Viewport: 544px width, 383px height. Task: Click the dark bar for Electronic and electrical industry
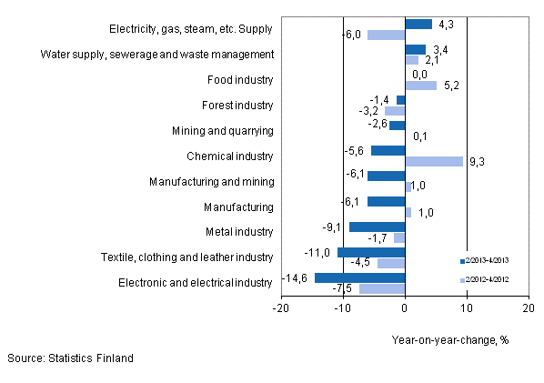coord(359,277)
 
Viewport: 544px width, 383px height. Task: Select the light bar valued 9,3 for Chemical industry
coord(433,161)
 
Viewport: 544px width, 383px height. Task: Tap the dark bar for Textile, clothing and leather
coord(370,252)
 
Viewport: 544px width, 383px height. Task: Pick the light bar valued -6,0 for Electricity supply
coord(386,35)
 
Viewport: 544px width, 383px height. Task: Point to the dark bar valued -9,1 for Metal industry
coord(377,227)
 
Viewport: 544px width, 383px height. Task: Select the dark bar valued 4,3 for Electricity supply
coord(418,24)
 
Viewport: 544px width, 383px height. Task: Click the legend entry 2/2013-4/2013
coord(490,260)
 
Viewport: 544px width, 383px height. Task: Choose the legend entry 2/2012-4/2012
coord(490,280)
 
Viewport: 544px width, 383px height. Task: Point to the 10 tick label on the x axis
coord(466,308)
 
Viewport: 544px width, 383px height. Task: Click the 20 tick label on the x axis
coord(528,308)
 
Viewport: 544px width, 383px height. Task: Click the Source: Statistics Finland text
coord(70,358)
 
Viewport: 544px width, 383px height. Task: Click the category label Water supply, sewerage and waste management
coord(157,54)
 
